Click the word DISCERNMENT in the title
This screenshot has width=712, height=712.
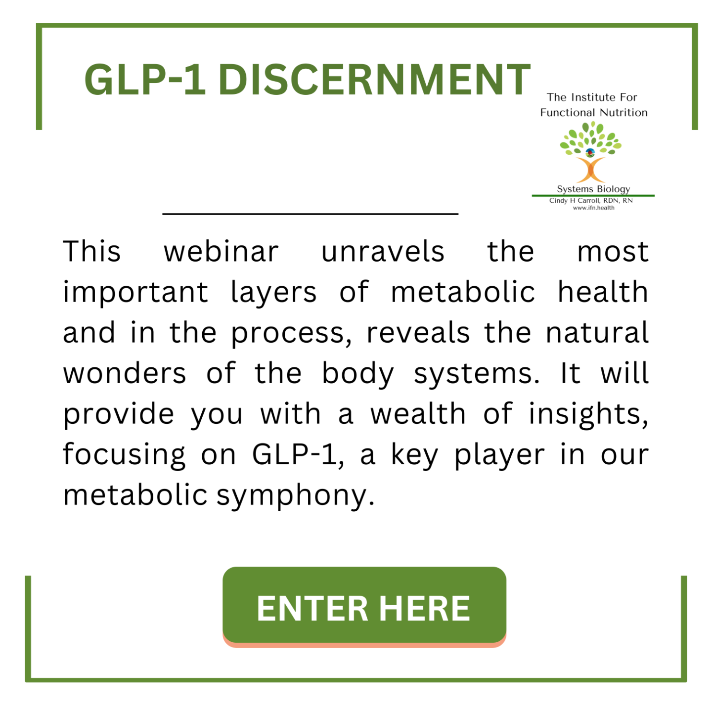374,80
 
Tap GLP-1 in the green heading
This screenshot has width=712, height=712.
145,80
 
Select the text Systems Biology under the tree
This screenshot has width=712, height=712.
593,189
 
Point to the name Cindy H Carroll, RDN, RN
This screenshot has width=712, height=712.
591,201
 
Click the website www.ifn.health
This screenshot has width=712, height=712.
593,208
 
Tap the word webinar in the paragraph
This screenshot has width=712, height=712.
221,252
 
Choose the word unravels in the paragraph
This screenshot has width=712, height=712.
383,252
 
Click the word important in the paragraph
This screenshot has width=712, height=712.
135,293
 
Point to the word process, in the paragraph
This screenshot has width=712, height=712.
292,334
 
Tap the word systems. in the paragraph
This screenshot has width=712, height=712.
477,375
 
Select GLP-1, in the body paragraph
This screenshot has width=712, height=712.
298,455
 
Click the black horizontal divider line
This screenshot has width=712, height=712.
311,214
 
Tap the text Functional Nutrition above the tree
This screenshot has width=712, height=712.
594,112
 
